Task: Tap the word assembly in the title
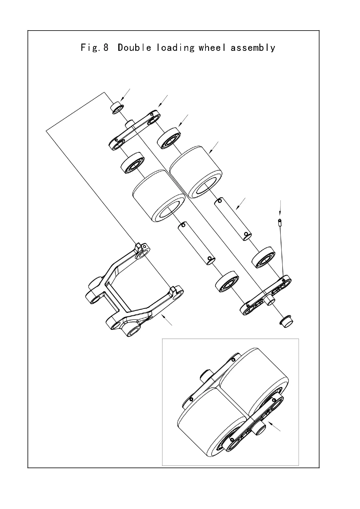[x=253, y=48]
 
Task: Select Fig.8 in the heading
[x=95, y=48]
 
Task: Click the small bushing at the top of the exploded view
[x=117, y=108]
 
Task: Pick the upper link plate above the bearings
[x=135, y=130]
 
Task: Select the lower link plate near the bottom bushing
[x=266, y=295]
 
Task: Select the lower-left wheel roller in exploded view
[x=159, y=196]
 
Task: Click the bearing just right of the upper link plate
[x=169, y=138]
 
